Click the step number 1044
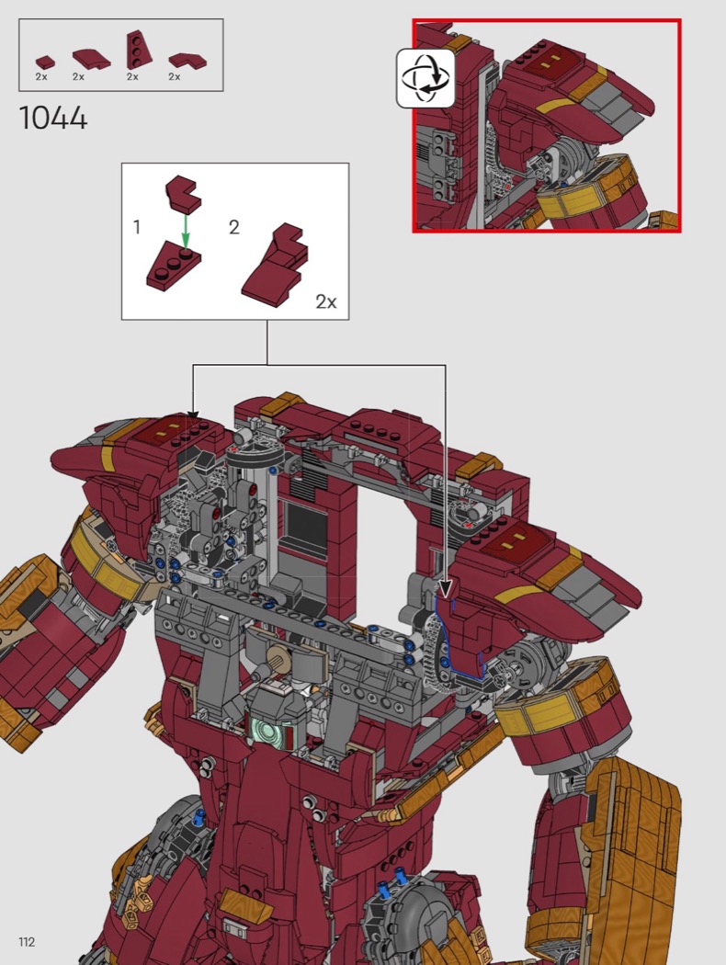point(53,118)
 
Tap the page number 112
point(27,942)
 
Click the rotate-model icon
point(425,79)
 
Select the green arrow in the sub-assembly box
point(186,230)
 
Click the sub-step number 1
point(137,228)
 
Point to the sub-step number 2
point(233,228)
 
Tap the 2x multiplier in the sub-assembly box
point(326,301)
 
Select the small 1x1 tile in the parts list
point(45,62)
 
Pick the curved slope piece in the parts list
point(91,59)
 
